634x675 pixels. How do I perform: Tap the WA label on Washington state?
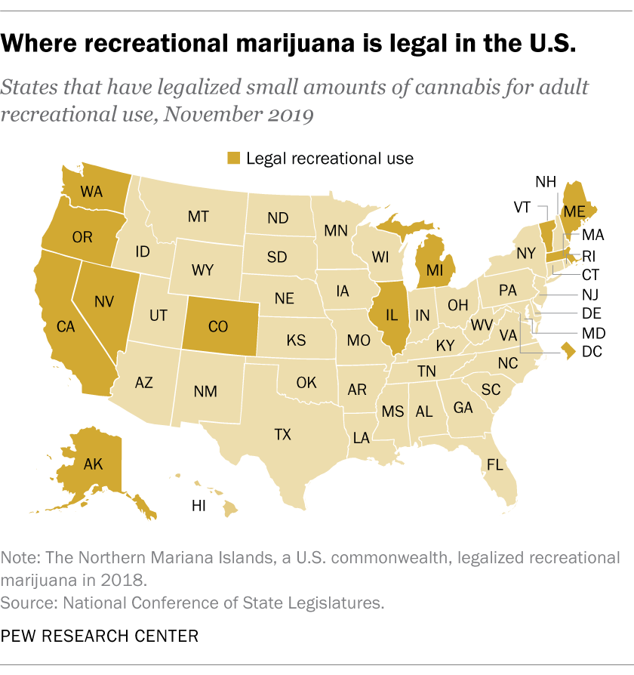pyautogui.click(x=91, y=192)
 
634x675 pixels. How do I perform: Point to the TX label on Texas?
pyautogui.click(x=282, y=435)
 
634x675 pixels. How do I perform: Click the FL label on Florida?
pyautogui.click(x=495, y=465)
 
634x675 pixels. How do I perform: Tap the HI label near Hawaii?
pyautogui.click(x=199, y=507)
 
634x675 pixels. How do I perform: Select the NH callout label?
pyautogui.click(x=546, y=181)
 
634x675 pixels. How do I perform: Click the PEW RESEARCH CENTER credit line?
pyautogui.click(x=100, y=636)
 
